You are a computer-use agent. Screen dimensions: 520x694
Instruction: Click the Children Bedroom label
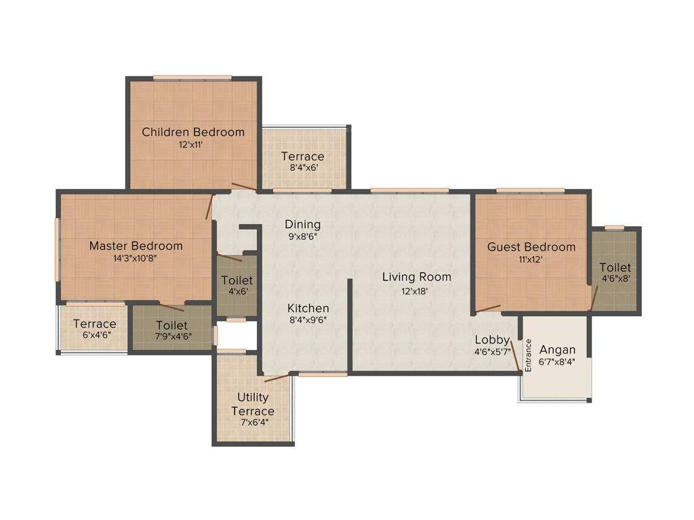click(193, 132)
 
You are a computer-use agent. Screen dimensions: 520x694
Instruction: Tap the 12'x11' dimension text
click(193, 145)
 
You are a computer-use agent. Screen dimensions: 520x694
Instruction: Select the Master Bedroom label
click(136, 246)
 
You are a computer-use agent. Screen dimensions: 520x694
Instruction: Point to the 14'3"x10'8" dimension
click(136, 258)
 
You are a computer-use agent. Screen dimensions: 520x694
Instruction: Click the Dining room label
click(302, 224)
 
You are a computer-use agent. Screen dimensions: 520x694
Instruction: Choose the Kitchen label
click(308, 308)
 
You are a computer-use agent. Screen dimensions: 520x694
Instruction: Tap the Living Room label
click(416, 277)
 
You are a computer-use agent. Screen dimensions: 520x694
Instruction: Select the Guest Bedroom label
click(531, 246)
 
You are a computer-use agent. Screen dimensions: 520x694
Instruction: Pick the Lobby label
click(491, 339)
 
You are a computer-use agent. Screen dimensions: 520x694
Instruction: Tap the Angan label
click(557, 350)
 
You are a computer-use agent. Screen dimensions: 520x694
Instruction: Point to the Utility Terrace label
click(253, 404)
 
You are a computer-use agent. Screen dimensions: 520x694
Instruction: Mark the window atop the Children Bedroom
click(192, 78)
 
